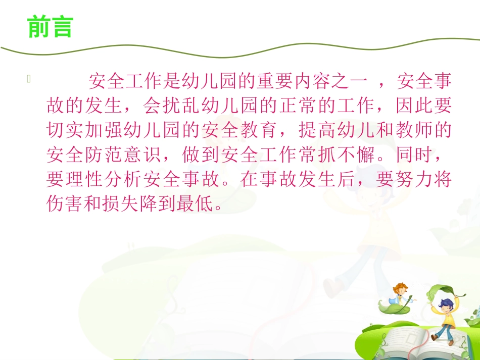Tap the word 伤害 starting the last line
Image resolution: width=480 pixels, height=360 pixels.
[x=63, y=204]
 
